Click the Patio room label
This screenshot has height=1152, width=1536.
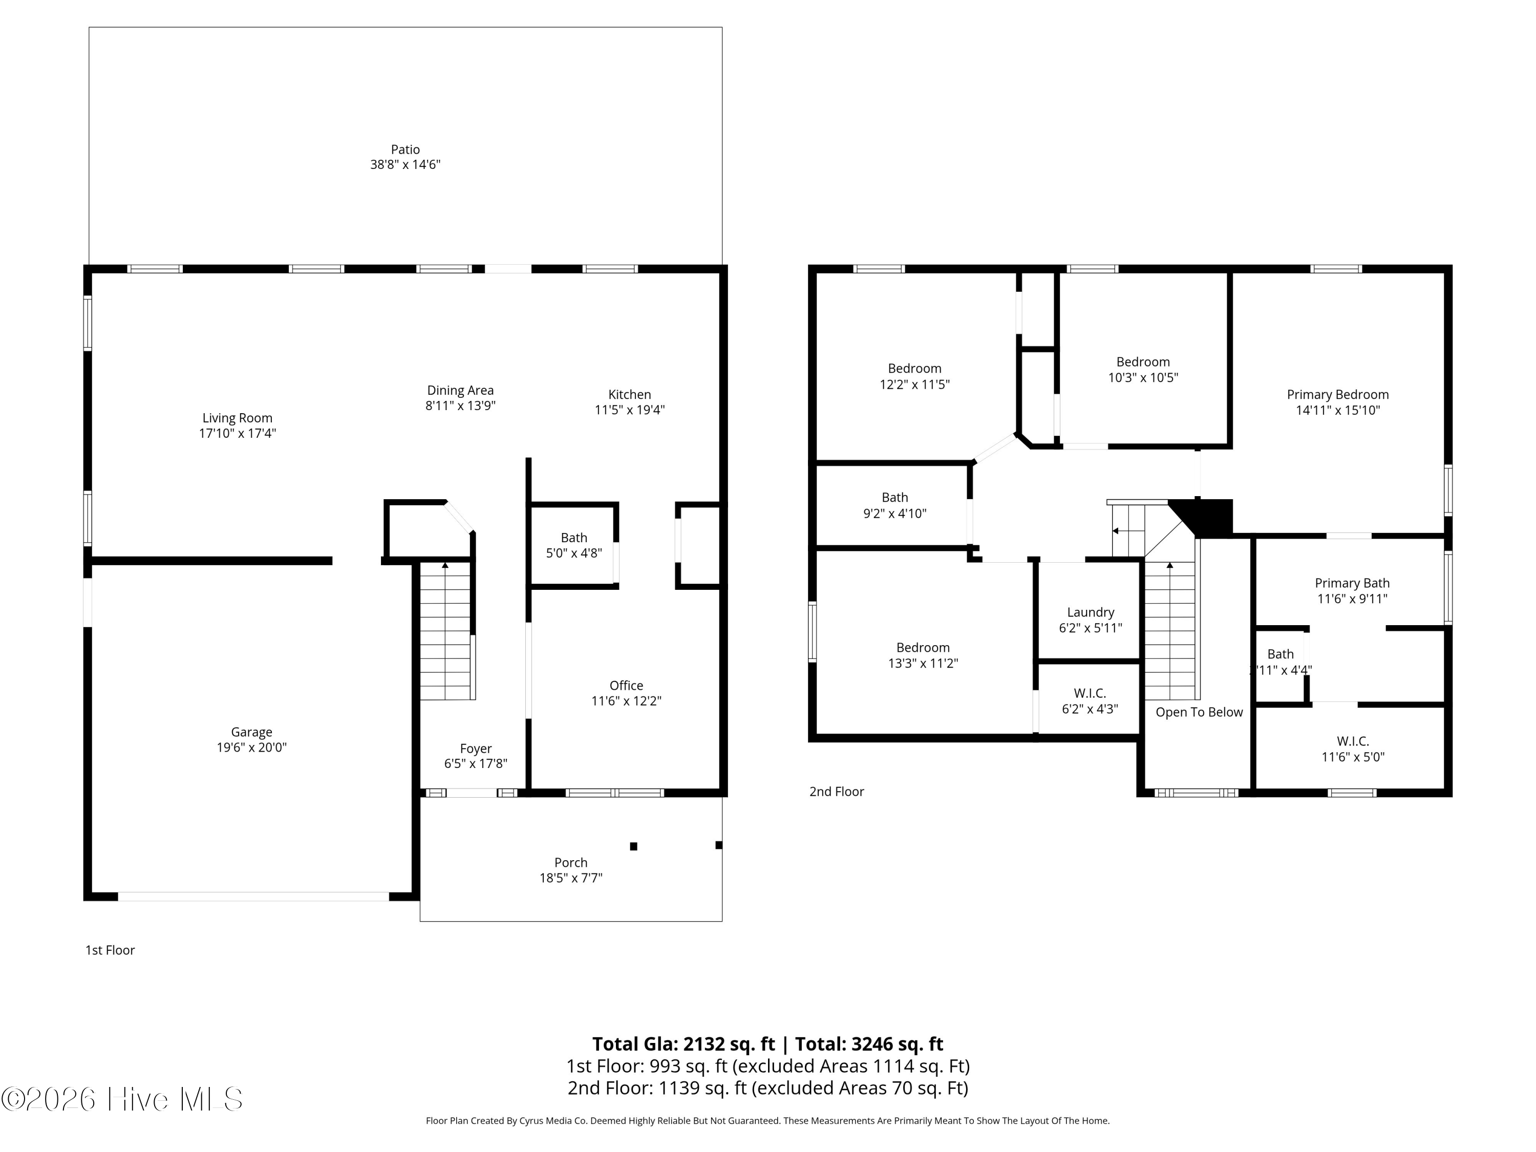tap(406, 150)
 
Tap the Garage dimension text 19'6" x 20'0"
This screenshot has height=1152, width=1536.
tap(251, 747)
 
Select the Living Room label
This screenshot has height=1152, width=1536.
tap(238, 418)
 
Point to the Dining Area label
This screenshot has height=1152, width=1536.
tap(460, 390)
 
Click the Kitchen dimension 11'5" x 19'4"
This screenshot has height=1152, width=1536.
tap(630, 410)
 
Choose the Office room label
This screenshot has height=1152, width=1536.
tap(626, 686)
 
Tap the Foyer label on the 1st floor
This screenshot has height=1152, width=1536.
tap(476, 749)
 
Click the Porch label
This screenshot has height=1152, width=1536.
tap(571, 862)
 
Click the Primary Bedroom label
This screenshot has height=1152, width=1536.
tap(1338, 394)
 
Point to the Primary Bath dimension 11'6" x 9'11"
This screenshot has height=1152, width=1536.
tap(1353, 599)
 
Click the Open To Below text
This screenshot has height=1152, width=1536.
tap(1199, 713)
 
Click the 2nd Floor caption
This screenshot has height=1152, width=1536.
tap(837, 792)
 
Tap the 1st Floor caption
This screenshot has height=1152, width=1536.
tap(110, 950)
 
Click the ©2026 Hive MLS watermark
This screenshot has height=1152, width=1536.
tap(122, 1099)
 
